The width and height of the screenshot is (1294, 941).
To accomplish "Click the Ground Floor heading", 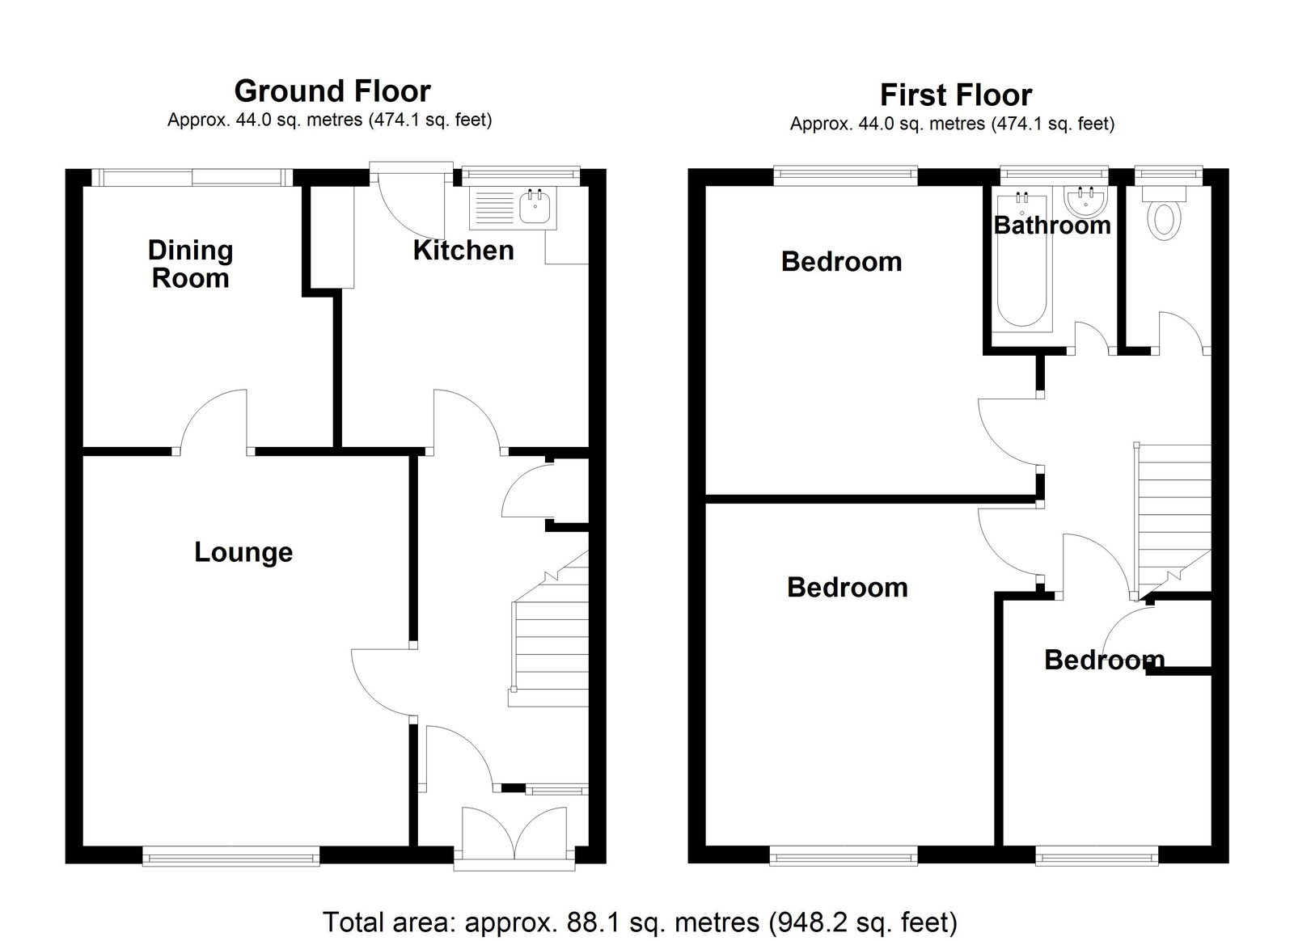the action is coord(332,91).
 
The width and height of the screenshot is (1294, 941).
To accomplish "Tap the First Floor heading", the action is coord(956,95).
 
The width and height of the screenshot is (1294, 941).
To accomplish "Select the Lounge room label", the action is coord(243,552).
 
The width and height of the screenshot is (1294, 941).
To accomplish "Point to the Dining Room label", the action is coord(190,264).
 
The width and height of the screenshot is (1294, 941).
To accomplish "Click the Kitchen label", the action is coord(463,251).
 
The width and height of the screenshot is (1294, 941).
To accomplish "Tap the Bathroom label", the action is coord(1052,226).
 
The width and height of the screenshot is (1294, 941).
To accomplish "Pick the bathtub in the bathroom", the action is coord(1022,262).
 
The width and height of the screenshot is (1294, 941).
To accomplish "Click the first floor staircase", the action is coord(1173,520).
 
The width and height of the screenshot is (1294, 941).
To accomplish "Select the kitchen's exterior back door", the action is coord(410,202).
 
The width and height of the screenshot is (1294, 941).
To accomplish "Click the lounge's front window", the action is coord(230,857).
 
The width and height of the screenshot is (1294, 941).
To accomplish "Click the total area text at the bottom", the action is coord(640,922).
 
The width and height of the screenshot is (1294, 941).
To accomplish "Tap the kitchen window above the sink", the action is coord(521,176).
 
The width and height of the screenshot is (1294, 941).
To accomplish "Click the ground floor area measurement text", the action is coord(330,120).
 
